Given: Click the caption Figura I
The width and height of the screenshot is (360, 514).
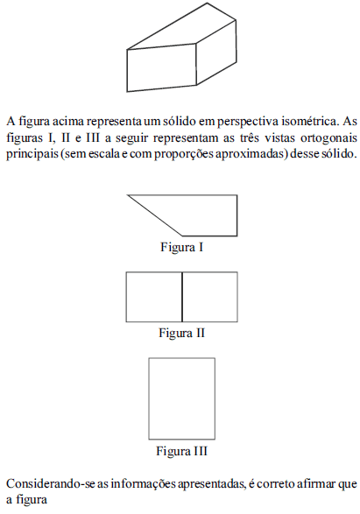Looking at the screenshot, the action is tap(181, 247).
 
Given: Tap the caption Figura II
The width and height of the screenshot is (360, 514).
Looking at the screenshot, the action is tap(181, 333).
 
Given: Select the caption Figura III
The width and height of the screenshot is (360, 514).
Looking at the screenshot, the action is tap(181, 451).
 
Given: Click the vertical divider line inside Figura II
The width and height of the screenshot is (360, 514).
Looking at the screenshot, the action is tap(182, 297).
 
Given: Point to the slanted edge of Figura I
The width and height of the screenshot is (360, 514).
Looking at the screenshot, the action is tap(155, 215).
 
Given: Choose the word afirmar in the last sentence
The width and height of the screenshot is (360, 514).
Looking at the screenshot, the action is tap(315, 484).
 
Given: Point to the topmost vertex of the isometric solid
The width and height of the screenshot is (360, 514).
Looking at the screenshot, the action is tap(207, 4).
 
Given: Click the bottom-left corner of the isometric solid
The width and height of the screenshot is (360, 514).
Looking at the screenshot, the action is tap(127, 91).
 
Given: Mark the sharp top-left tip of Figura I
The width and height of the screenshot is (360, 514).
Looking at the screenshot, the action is tap(128, 195).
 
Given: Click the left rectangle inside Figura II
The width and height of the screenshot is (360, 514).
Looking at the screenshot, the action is tap(154, 297).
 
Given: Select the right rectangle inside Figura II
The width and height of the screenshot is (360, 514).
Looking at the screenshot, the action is tap(210, 297).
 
